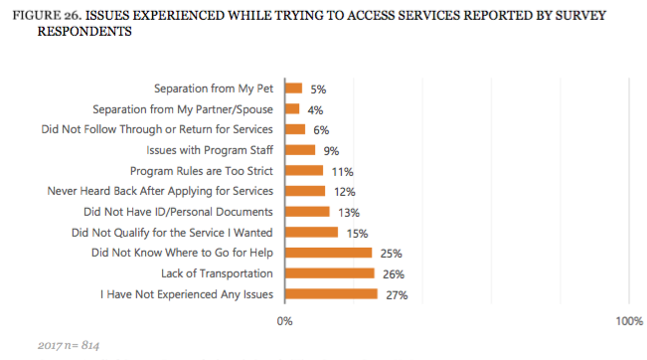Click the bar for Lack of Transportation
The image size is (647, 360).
pyautogui.click(x=329, y=272)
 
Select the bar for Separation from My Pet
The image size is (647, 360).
pyautogui.click(x=293, y=89)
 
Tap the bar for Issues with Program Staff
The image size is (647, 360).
pyautogui.click(x=299, y=150)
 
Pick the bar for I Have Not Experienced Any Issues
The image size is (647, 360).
pyautogui.click(x=331, y=293)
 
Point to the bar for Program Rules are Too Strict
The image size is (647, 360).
pyautogui.click(x=303, y=170)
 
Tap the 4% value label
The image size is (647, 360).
pyautogui.click(x=314, y=109)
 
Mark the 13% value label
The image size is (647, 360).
pyautogui.click(x=348, y=212)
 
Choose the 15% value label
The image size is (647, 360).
pyautogui.click(x=355, y=232)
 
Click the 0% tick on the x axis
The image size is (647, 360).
pyautogui.click(x=284, y=321)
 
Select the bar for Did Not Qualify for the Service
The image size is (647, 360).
pyautogui.click(x=311, y=232)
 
